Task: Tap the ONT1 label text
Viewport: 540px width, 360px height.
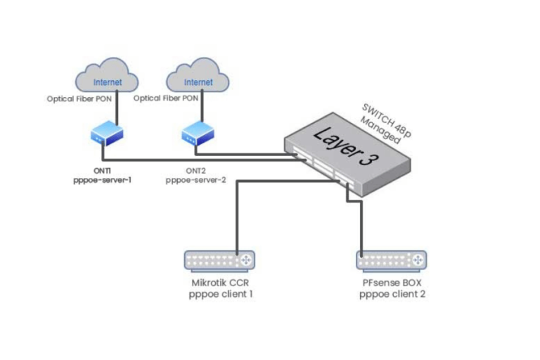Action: [x=103, y=171]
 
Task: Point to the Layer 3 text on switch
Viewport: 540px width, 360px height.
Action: [x=345, y=146]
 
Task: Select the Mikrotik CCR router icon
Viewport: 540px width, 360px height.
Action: [x=219, y=261]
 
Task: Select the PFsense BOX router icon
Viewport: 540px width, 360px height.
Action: [x=392, y=261]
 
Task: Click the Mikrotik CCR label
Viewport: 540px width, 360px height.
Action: [x=220, y=284]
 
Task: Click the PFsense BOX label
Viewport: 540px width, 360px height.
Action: [x=392, y=284]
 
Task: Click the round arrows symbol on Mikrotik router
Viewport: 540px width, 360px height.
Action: [x=246, y=261]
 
